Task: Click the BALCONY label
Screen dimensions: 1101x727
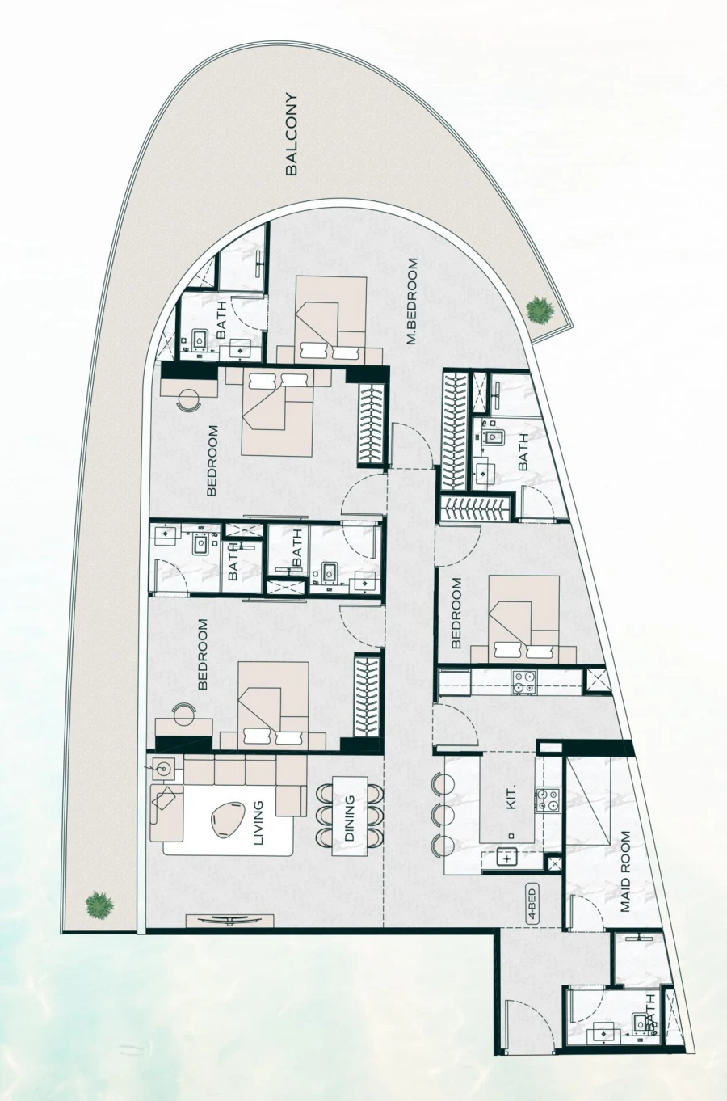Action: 292,135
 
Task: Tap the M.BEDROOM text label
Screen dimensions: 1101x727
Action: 412,302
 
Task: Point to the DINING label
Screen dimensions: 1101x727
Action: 350,819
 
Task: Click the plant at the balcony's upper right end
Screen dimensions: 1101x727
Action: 539,310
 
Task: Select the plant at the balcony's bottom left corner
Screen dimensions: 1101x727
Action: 98,903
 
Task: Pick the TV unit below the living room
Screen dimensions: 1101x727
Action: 229,919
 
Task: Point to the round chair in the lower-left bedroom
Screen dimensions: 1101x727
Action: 185,715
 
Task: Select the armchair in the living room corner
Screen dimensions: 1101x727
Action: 166,797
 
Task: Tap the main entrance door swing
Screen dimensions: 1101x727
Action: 523,1025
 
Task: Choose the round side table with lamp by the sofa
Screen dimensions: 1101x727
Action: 164,766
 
